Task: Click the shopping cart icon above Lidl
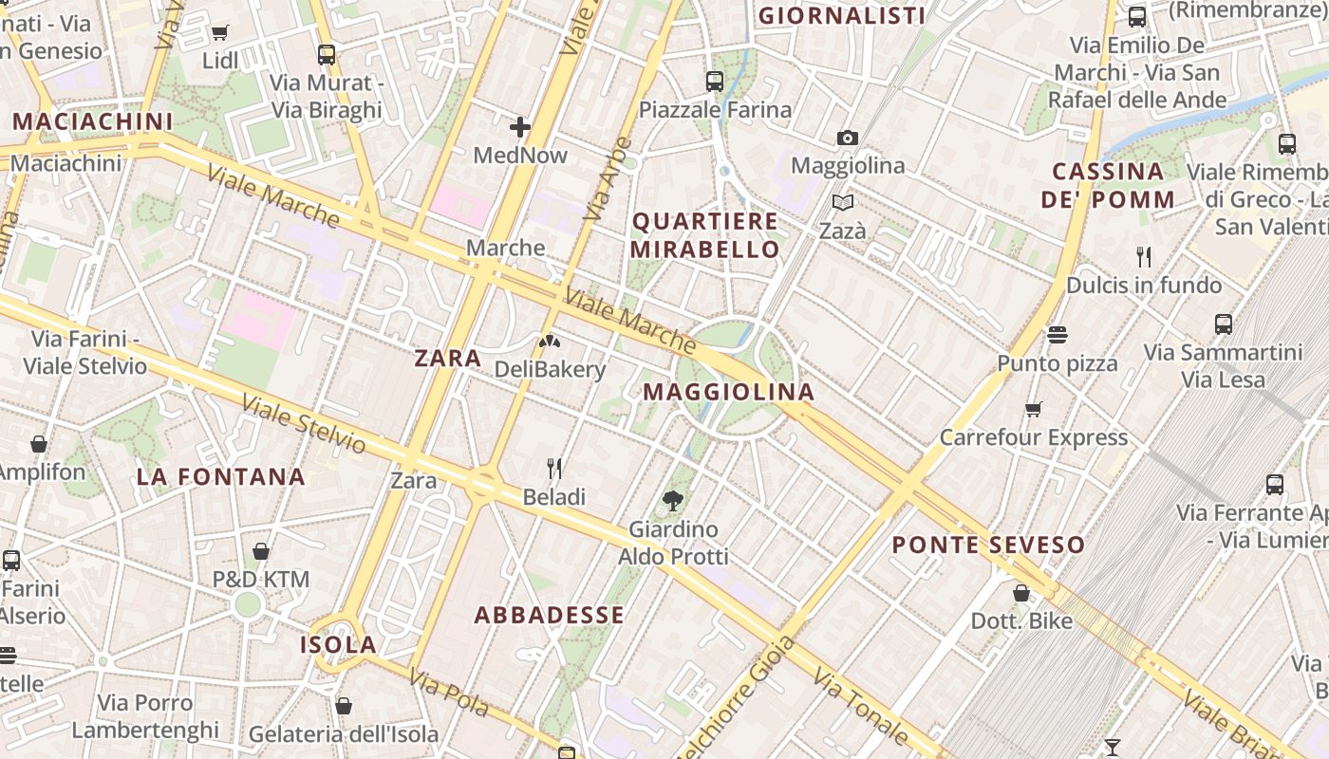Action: pyautogui.click(x=220, y=33)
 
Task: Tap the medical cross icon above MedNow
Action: pyautogui.click(x=520, y=127)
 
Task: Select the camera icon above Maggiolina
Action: pyautogui.click(x=848, y=139)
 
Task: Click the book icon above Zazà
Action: pyautogui.click(x=842, y=202)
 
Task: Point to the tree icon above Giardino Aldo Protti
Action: pyautogui.click(x=673, y=500)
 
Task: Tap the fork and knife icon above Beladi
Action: pyautogui.click(x=554, y=469)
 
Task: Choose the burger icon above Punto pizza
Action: pyautogui.click(x=1058, y=335)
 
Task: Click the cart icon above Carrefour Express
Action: pyautogui.click(x=1034, y=410)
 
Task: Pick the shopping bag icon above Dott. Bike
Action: pyautogui.click(x=1021, y=593)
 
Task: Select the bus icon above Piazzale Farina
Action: pyautogui.click(x=715, y=82)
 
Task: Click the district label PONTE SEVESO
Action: pyautogui.click(x=987, y=545)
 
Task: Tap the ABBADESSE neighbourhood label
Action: pyautogui.click(x=550, y=615)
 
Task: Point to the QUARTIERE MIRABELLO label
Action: pyautogui.click(x=705, y=235)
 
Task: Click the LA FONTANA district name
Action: pyautogui.click(x=221, y=476)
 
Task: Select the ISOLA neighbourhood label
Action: pyautogui.click(x=339, y=645)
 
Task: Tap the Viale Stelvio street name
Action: pyautogui.click(x=303, y=423)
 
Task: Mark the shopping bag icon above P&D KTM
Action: pyautogui.click(x=261, y=551)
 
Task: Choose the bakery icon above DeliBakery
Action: pyautogui.click(x=548, y=341)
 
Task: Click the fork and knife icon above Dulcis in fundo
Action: pyautogui.click(x=1144, y=257)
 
